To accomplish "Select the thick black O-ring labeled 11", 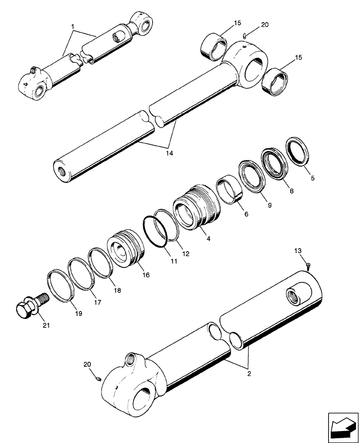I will click(x=155, y=231).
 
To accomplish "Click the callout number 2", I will click(x=249, y=374).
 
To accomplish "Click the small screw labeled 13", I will click(x=308, y=265).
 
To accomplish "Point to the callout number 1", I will click(x=72, y=27).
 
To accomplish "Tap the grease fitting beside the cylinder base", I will click(x=99, y=379).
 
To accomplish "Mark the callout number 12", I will click(x=185, y=254).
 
